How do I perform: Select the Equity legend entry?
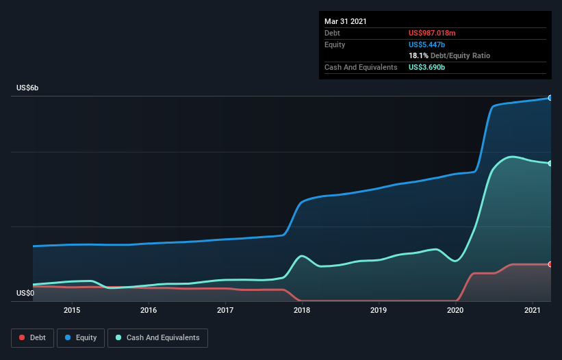(81, 337)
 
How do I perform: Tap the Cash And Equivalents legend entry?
(157, 337)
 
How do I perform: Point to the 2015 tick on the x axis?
(72, 310)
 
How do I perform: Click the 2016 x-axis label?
(149, 310)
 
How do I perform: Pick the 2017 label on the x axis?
(225, 310)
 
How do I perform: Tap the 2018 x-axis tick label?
(302, 310)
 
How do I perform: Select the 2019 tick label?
(379, 310)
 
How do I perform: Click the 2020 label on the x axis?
(456, 310)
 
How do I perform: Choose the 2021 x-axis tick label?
(533, 310)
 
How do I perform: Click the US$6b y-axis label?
(27, 88)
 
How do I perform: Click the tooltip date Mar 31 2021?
(346, 21)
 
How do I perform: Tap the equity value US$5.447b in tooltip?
(428, 44)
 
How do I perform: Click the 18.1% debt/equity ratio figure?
(418, 55)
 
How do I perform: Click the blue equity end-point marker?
(550, 98)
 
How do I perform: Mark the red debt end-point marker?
(550, 264)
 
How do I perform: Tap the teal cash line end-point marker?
(550, 163)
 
